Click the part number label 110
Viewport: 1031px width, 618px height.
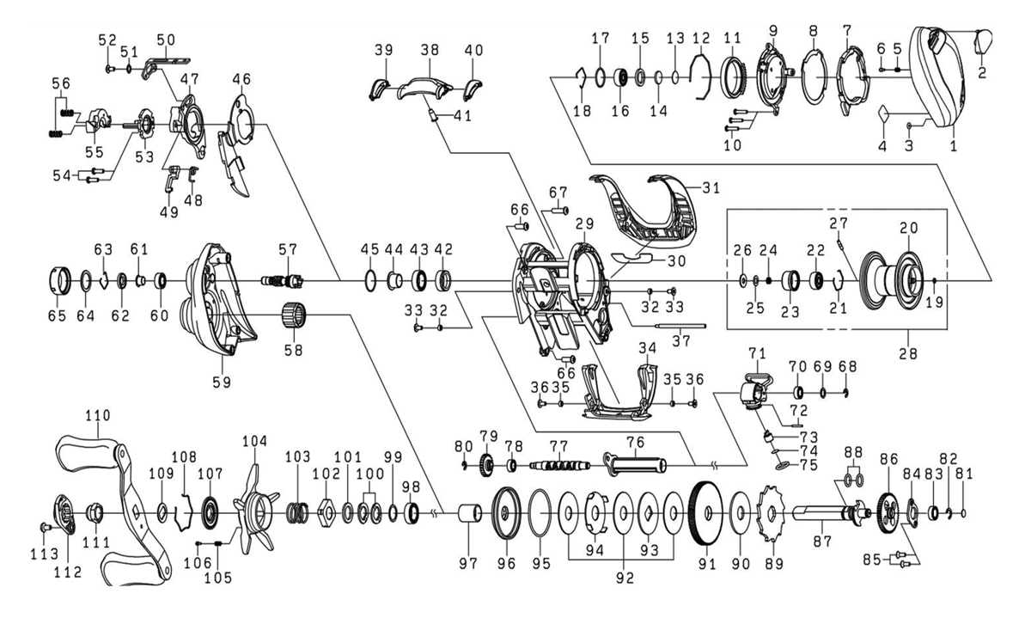98,415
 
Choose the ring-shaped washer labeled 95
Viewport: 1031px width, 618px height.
540,515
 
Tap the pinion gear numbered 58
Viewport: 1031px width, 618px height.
295,316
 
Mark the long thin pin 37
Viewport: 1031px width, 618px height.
679,326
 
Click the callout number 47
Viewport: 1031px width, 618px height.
189,78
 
